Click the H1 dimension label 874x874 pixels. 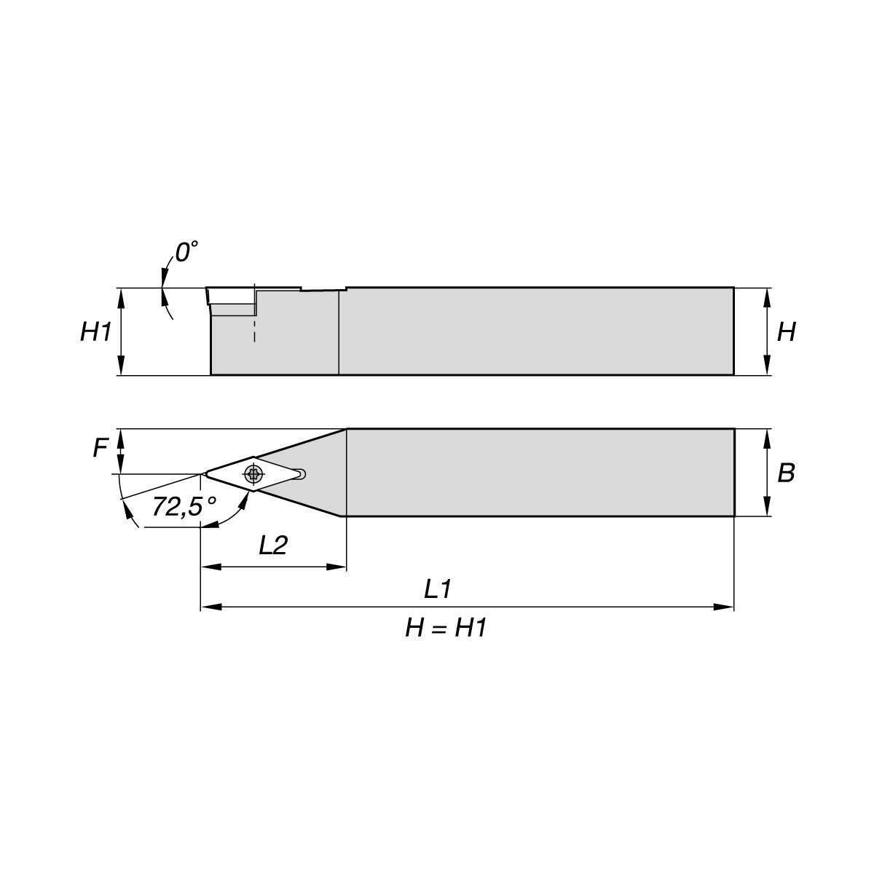pos(95,332)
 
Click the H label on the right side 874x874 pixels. pos(787,332)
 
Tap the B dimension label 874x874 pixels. pos(786,473)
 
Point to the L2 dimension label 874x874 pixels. pos(273,546)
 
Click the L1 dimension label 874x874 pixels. pos(438,590)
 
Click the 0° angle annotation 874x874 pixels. pos(186,252)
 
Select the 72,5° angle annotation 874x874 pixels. pos(184,506)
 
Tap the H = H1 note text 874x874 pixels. pos(446,629)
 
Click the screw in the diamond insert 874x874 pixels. pos(253,474)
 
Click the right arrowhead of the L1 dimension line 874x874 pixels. pos(723,607)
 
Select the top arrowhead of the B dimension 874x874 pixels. pos(767,439)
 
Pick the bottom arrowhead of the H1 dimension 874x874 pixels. pos(121,365)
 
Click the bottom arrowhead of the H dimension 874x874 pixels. pos(767,365)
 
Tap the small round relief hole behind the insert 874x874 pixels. pos(301,474)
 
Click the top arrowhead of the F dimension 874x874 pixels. pos(121,439)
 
